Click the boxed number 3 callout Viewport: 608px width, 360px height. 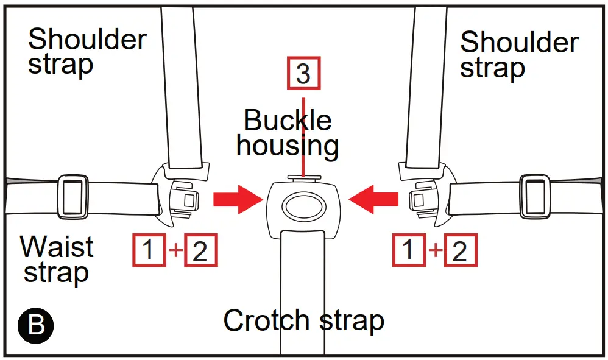303,74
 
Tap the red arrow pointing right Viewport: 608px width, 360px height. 237,200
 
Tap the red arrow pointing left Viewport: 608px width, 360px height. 373,200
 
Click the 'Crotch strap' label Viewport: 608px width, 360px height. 303,320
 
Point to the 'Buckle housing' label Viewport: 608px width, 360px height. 288,133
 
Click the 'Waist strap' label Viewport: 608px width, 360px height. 57,259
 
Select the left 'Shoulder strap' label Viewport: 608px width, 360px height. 87,52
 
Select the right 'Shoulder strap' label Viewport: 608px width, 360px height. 519,55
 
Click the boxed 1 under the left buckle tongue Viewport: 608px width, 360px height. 149,251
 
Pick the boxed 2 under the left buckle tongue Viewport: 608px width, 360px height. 200,251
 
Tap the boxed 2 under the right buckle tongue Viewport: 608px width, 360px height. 460,251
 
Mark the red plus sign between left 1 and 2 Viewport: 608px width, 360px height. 174,251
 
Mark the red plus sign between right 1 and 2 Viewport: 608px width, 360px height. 434,251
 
